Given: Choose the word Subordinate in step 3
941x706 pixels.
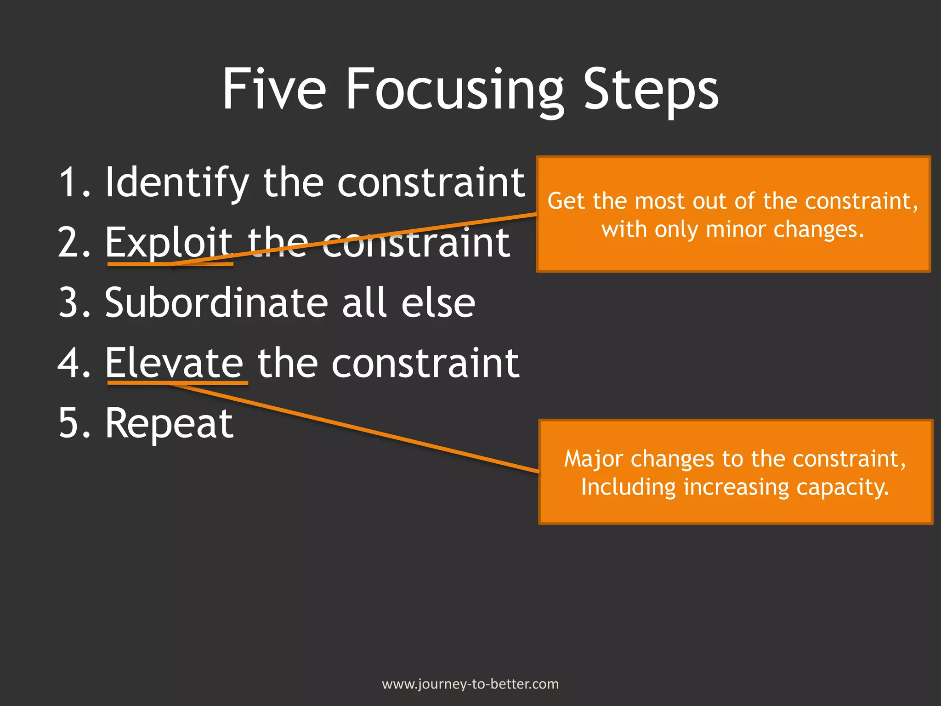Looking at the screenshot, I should [216, 303].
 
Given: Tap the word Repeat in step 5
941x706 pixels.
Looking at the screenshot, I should [169, 424].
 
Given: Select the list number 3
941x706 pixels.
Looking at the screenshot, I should [69, 303].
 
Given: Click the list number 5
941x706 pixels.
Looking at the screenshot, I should [69, 423].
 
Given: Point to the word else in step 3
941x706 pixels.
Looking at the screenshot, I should [438, 303].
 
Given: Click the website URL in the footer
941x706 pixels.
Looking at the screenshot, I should [470, 684].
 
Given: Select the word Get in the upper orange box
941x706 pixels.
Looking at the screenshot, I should [567, 201].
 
